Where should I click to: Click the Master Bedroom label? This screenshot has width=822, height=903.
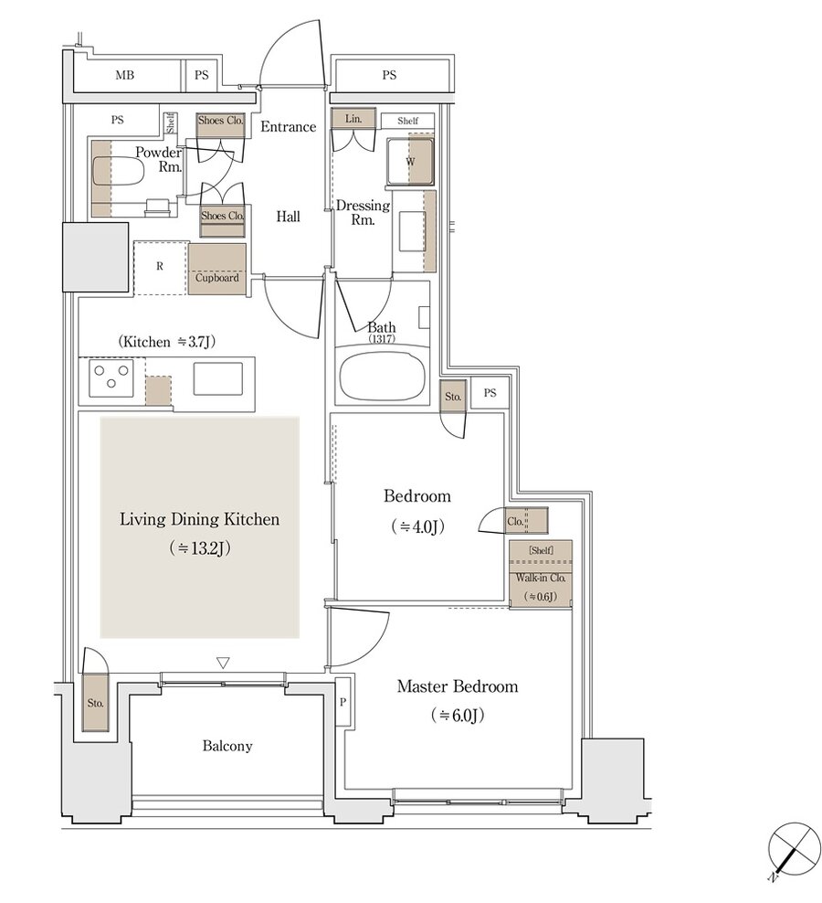coord(458,686)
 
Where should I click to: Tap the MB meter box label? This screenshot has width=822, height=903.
coord(125,75)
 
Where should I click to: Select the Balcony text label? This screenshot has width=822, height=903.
coord(227,747)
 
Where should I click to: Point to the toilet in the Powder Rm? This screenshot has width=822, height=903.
coord(118,172)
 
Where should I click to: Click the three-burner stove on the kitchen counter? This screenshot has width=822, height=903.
coord(111,377)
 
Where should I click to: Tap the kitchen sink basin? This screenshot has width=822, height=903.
coord(217,378)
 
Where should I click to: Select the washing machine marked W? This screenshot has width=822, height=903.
coord(410,161)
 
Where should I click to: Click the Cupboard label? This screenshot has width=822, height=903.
coord(217,278)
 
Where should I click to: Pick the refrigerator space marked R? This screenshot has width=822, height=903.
coord(161,268)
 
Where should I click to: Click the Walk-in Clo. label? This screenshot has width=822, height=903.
coord(541,578)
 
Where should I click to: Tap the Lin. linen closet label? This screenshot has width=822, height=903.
coord(353,119)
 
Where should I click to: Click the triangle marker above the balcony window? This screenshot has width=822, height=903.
coord(224,663)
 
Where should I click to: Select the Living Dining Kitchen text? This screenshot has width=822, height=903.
coord(200,519)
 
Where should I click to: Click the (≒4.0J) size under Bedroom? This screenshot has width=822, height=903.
coord(417,526)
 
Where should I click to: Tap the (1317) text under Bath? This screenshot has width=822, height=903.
coord(382,338)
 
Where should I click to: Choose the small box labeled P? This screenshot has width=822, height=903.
coord(343,702)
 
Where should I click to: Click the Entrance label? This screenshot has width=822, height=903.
coord(289,127)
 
